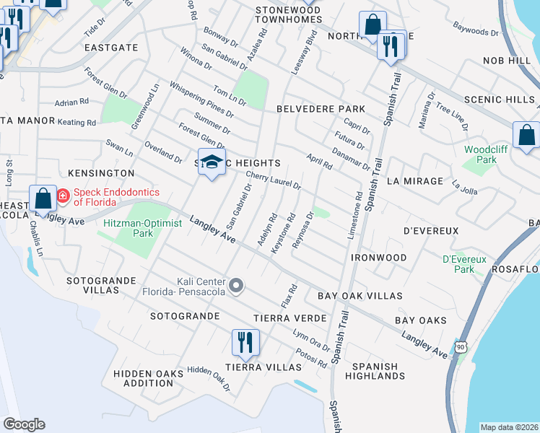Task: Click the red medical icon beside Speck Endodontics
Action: (62, 195)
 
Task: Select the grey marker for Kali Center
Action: (235, 287)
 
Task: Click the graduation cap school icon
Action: (212, 162)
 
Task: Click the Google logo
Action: (23, 424)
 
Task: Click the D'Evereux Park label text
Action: (464, 263)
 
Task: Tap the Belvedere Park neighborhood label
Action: (321, 108)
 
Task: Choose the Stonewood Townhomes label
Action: (287, 14)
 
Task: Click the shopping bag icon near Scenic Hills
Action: (526, 135)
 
